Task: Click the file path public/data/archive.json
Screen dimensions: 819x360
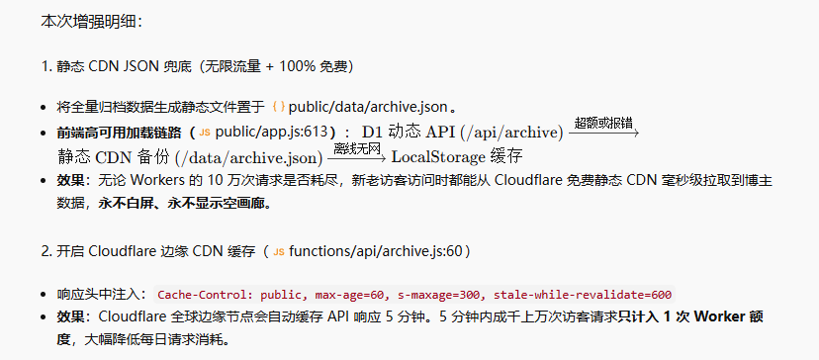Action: pyautogui.click(x=368, y=107)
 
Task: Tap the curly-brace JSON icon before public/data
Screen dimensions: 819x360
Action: pyautogui.click(x=278, y=107)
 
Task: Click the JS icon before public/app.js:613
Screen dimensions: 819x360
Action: pyautogui.click(x=205, y=132)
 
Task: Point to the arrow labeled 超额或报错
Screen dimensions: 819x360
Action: pyautogui.click(x=603, y=134)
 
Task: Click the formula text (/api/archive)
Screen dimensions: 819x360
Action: pyautogui.click(x=512, y=133)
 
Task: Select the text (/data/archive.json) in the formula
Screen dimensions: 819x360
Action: pyautogui.click(x=248, y=156)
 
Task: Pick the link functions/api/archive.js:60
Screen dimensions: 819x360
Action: pyautogui.click(x=376, y=251)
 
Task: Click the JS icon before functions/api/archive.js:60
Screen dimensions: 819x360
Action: pyautogui.click(x=279, y=252)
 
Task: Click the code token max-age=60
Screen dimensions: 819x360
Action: pyautogui.click(x=351, y=295)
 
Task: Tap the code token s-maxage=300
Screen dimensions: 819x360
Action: pyautogui.click(x=439, y=295)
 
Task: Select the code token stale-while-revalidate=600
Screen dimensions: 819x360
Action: pyautogui.click(x=583, y=295)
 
